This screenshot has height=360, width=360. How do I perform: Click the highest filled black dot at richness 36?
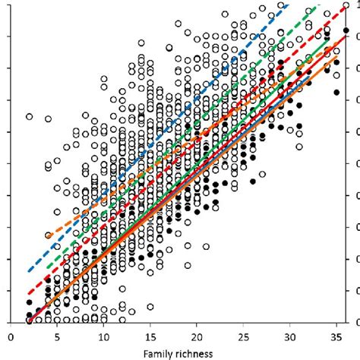pos(346,31)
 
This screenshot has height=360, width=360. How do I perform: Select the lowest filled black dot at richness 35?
pos(337,92)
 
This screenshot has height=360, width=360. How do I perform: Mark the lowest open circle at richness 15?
pos(150,307)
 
